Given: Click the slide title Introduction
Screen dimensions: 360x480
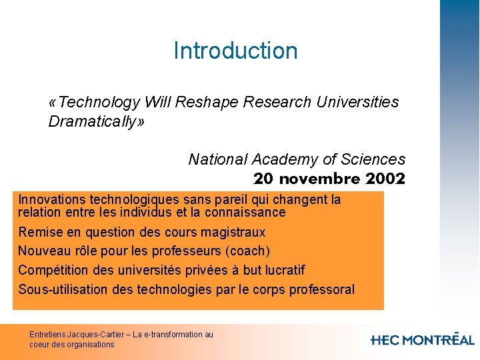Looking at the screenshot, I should tap(235, 51).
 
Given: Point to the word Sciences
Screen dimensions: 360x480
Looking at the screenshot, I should tap(373, 159).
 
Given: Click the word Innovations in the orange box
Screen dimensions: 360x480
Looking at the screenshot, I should tap(52, 199).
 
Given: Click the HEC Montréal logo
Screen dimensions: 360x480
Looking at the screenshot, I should tap(422, 339).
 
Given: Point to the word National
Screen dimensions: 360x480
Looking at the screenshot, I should tap(218, 159).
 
